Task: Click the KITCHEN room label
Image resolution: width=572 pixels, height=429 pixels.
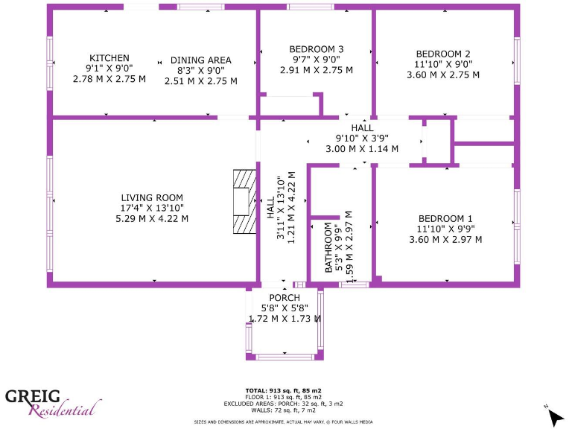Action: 109,58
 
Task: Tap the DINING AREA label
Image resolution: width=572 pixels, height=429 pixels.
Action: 200,60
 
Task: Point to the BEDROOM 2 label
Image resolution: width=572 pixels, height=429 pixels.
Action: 442,54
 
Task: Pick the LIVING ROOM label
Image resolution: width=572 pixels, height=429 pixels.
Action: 151,197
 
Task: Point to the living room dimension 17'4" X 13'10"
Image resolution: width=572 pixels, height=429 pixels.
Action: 151,208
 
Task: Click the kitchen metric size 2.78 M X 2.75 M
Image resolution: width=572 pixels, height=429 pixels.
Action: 109,78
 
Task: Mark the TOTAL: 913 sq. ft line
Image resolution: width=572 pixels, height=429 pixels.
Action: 283,390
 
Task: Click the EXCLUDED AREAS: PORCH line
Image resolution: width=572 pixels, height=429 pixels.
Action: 283,403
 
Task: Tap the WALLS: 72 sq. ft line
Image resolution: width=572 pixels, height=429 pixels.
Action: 283,410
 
